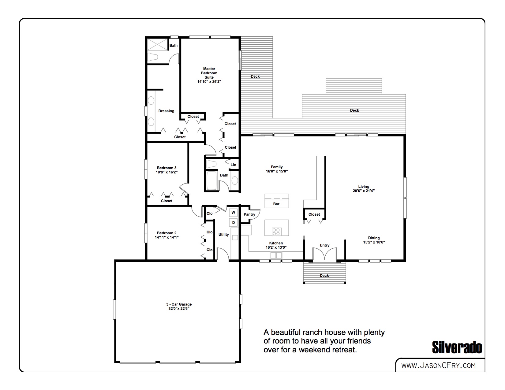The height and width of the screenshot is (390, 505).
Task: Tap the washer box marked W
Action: pos(233,213)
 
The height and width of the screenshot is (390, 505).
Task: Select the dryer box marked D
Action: pos(233,222)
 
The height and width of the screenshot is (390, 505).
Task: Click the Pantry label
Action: pos(249,214)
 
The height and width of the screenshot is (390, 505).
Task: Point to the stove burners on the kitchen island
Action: pos(276,231)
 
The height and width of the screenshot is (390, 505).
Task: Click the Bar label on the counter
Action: pos(276,204)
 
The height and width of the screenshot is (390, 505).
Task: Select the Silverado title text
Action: pos(457,347)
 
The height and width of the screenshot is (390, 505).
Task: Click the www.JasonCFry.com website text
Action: pos(438,366)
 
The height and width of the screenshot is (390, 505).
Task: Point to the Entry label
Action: pos(324,245)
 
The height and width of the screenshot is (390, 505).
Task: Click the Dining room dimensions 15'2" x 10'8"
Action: pos(374,242)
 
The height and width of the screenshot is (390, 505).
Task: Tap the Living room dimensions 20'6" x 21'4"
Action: pos(364,191)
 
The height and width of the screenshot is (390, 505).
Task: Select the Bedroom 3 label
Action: pos(166,168)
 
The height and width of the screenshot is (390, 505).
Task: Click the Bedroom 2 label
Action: pos(166,233)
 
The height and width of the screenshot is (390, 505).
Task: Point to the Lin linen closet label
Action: pos(233,165)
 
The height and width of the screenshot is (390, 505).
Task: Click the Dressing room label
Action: pos(166,111)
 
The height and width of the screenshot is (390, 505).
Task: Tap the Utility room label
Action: pos(223,235)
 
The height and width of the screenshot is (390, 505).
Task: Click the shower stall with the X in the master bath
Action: pos(158,45)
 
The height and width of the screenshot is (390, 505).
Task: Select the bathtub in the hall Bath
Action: pos(211,181)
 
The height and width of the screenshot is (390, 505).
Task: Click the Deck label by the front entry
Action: pos(324,276)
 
